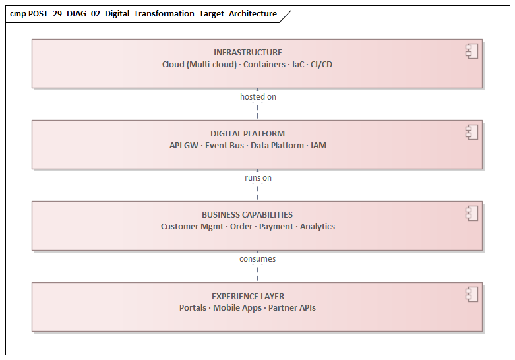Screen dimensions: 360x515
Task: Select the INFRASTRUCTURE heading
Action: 247,53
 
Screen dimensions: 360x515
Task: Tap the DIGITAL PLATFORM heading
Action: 247,134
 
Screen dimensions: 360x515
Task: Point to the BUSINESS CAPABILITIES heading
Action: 247,215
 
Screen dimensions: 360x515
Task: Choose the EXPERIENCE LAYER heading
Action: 247,297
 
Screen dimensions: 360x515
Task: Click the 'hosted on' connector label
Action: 258,97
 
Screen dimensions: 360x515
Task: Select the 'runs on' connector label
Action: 258,178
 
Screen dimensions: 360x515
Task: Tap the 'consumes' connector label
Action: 257,259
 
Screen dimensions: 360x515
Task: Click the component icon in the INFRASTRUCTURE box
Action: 471,51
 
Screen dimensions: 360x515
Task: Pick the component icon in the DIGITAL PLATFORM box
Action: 471,132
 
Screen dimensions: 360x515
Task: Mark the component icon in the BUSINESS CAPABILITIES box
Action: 471,213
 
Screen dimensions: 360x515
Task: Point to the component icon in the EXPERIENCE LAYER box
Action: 471,294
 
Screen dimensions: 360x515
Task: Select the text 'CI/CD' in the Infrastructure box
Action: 322,65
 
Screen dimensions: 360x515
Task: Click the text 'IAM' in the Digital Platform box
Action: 318,146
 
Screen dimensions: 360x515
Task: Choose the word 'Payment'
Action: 276,227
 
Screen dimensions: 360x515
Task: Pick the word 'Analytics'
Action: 317,227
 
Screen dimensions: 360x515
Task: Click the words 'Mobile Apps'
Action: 237,308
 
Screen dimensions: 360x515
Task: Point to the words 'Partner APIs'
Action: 292,308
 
